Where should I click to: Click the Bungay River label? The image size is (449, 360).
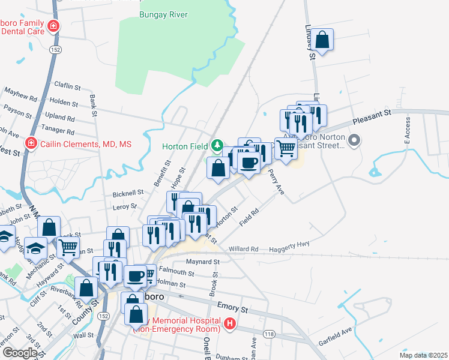point(163,14)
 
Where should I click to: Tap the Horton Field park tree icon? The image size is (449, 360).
point(217,146)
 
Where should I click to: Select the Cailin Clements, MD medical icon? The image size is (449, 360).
point(31,144)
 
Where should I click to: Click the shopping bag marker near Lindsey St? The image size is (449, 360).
point(322,40)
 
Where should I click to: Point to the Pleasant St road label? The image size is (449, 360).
point(372,112)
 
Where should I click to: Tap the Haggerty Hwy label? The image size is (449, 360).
point(292,244)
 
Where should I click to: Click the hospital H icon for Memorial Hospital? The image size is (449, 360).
point(229,325)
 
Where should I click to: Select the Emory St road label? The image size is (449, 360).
point(233,308)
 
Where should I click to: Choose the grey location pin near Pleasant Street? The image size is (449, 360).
point(354,142)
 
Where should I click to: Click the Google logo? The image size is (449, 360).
point(20,353)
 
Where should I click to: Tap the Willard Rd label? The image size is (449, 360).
point(243,248)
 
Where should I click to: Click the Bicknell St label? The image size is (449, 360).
point(128,194)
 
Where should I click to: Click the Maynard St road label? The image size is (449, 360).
point(203,262)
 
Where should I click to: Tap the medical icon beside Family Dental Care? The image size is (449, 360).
point(53,26)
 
